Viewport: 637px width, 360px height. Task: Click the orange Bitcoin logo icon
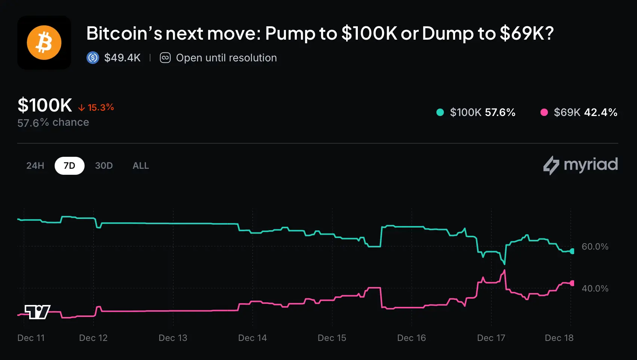tap(44, 43)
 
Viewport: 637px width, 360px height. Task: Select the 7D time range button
tap(69, 166)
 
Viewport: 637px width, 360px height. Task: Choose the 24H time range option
tap(35, 166)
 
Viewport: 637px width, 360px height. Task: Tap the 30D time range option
tap(104, 166)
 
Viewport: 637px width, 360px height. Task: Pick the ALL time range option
tap(141, 166)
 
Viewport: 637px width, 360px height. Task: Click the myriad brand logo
tap(580, 165)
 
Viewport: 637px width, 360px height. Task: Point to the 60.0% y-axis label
tap(595, 247)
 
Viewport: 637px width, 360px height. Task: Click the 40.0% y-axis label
tap(595, 289)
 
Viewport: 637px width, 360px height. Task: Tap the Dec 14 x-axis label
tap(252, 338)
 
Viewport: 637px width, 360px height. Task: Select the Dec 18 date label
tap(559, 338)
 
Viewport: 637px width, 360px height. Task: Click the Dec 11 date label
tap(31, 338)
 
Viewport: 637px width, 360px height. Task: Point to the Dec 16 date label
tap(411, 338)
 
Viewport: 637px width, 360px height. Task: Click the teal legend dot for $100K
tap(440, 112)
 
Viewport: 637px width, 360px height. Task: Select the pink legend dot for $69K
tap(544, 112)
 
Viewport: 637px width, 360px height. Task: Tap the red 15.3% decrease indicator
tap(96, 107)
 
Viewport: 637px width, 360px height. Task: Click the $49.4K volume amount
tap(122, 58)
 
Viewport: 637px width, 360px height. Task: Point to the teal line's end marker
tap(572, 251)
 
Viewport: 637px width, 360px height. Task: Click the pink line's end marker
tap(572, 283)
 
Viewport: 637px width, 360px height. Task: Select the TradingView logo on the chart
tap(37, 312)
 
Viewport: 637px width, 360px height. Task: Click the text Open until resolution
tap(226, 58)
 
